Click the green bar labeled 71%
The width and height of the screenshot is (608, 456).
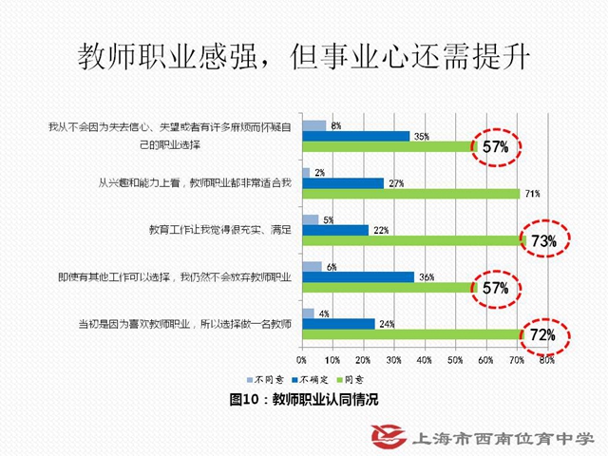410,194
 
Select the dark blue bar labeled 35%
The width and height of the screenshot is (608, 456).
355,136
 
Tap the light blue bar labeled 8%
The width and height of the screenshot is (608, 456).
313,125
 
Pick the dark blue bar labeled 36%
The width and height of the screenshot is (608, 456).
357,277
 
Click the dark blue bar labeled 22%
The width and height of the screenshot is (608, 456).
335,230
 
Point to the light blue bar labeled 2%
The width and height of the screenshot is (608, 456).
305,172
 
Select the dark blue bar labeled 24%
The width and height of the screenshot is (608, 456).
338,323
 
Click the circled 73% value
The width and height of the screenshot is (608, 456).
543,241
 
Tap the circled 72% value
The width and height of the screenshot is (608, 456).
542,335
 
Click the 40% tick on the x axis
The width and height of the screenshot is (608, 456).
424,361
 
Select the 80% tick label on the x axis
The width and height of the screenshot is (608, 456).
547,361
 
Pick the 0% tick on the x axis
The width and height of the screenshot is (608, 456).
301,361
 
